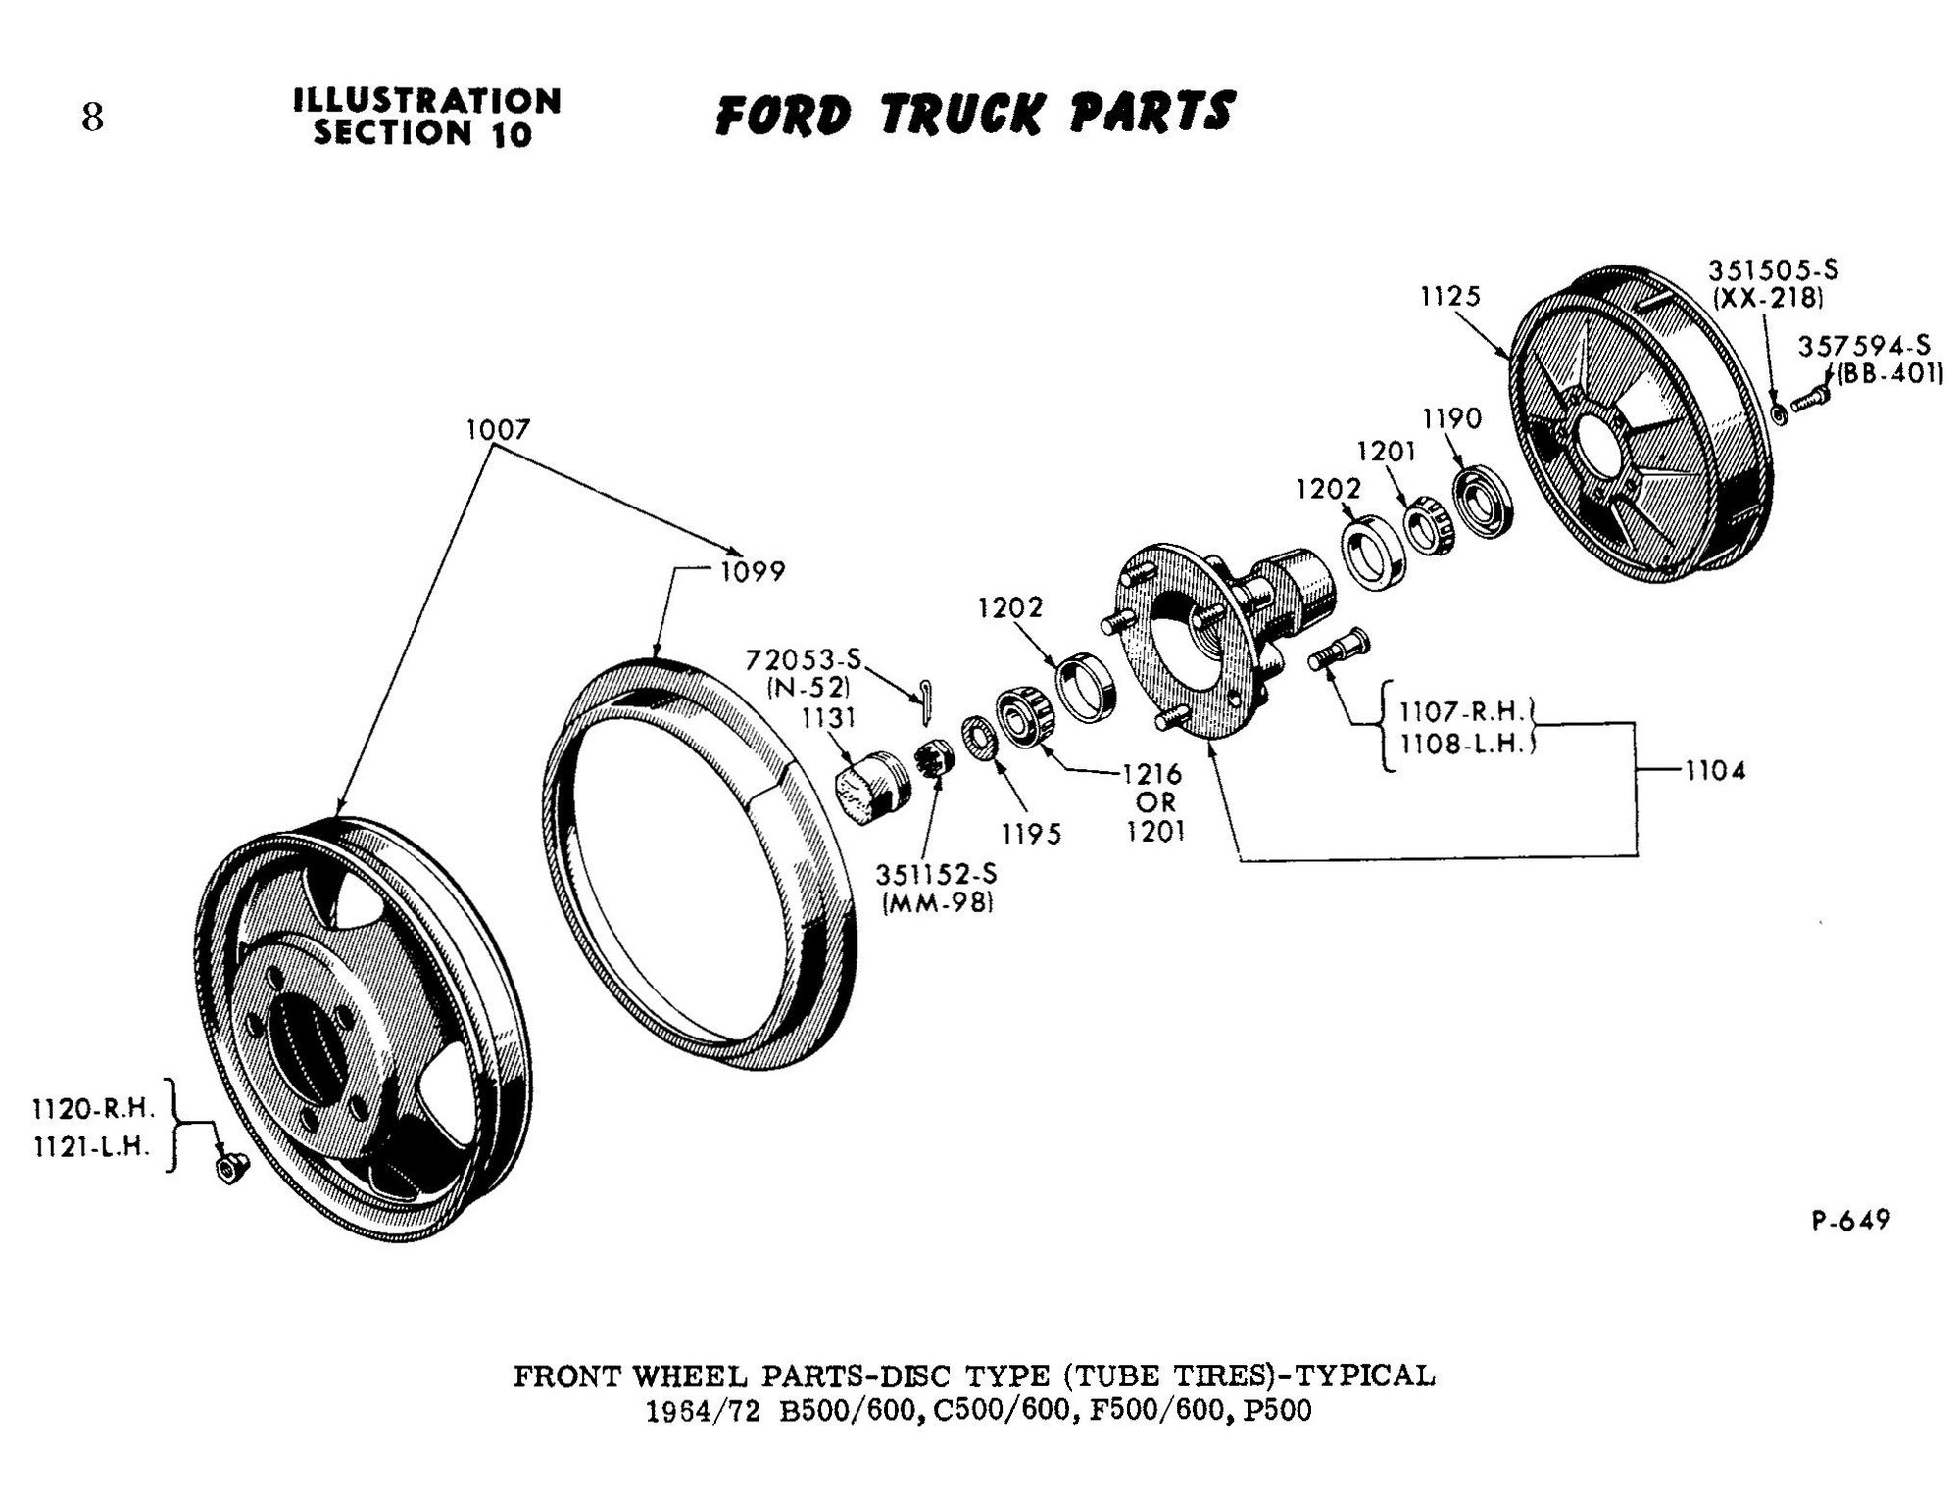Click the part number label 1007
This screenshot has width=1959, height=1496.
pos(498,429)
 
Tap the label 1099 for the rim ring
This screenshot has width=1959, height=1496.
pos(753,571)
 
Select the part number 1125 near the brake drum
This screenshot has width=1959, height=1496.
pos(1449,296)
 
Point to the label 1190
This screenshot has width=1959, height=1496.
pos(1451,419)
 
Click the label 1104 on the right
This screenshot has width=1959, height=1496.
pos(1715,771)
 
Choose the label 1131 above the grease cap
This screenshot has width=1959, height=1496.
pos(827,718)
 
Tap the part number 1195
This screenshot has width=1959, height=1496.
pos(1031,834)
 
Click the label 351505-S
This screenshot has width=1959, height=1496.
pos(1773,270)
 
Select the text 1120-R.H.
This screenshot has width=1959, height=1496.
pos(94,1109)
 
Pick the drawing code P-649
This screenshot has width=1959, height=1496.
pos(1850,1221)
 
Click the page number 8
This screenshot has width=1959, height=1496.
pos(92,118)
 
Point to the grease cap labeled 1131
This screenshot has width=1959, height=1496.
pos(862,788)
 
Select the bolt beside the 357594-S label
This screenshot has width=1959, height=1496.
pos(1809,400)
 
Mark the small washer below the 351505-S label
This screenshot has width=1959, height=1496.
pos(1779,411)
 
